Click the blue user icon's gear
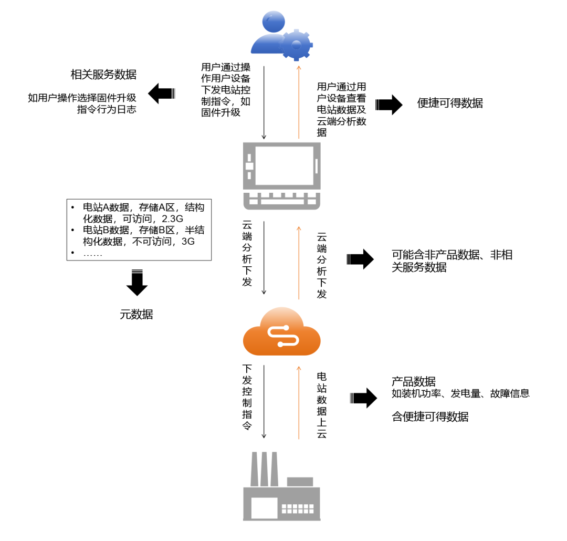pyautogui.click(x=296, y=45)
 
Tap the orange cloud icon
pyautogui.click(x=282, y=331)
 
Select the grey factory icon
pyautogui.click(x=282, y=486)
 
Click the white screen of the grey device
pyautogui.click(x=285, y=166)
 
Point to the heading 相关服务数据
pyautogui.click(x=103, y=75)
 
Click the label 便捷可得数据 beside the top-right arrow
pyautogui.click(x=450, y=103)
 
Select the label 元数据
pyautogui.click(x=136, y=314)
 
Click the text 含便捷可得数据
pyautogui.click(x=430, y=417)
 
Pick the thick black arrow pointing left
pyautogui.click(x=162, y=93)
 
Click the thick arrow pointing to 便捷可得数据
pyautogui.click(x=389, y=105)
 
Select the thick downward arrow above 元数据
pyautogui.click(x=137, y=283)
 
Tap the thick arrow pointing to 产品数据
pyautogui.click(x=363, y=398)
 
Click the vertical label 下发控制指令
pyautogui.click(x=247, y=397)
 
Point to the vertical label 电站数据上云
pyautogui.click(x=322, y=405)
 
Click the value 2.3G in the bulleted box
pyautogui.click(x=173, y=219)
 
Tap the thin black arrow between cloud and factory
pyautogui.click(x=264, y=402)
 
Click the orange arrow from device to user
pyautogui.click(x=299, y=102)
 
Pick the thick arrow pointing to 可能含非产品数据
pyautogui.click(x=360, y=259)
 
